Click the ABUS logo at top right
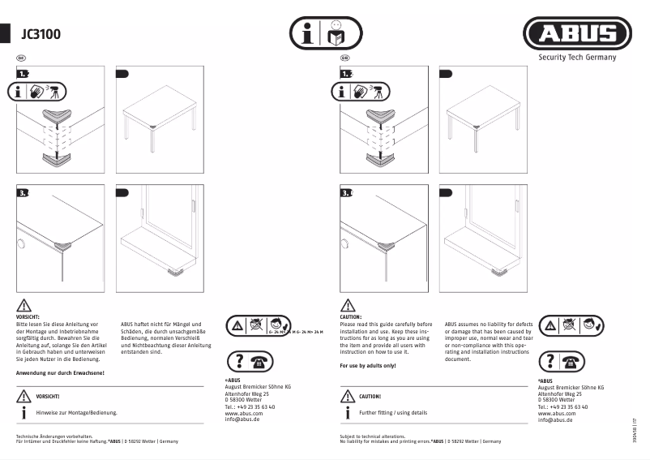click(576, 34)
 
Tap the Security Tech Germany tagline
click(577, 58)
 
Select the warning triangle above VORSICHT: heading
click(24, 305)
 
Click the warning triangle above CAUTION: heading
click(347, 305)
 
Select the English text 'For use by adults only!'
click(368, 366)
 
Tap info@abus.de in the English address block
click(555, 419)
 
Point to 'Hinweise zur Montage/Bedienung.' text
click(77, 413)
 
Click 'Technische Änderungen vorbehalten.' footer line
click(51, 436)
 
